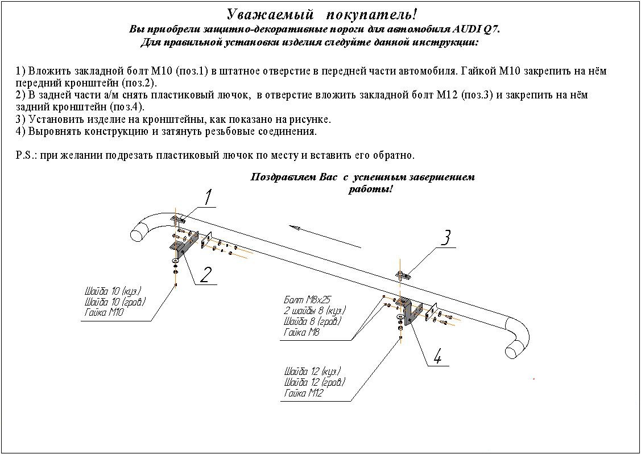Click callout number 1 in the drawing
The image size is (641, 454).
click(208, 197)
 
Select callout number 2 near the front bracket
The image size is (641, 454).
click(206, 274)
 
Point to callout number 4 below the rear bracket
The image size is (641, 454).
click(437, 357)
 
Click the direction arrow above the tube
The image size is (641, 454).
click(324, 237)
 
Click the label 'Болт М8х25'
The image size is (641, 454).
click(307, 299)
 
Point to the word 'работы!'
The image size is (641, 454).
click(371, 189)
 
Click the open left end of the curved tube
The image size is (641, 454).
click(139, 232)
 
